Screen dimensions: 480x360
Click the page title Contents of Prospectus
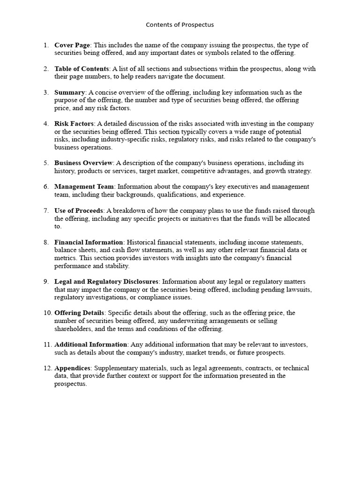coord(180,24)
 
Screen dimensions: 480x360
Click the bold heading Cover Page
coord(72,45)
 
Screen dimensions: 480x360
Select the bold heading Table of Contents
coord(82,69)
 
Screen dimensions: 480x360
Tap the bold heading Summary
coord(69,92)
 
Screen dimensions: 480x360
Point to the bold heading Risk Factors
coord(74,124)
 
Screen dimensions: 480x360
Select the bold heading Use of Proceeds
coord(79,210)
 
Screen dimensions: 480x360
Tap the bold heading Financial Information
coord(89,242)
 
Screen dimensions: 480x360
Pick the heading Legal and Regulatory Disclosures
coord(106,282)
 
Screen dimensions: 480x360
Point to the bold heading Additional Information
coord(91,345)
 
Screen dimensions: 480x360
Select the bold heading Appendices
coord(72,368)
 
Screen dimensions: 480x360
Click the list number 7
coord(46,210)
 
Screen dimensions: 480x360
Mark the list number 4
coord(46,124)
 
